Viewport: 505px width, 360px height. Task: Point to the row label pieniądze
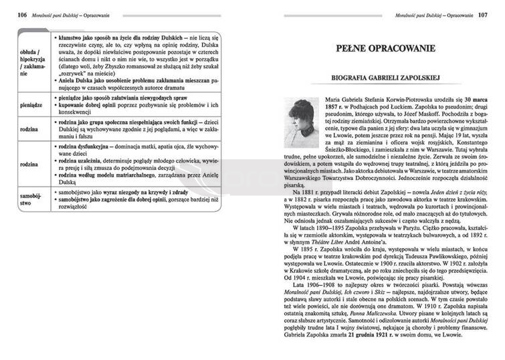coord(32,106)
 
